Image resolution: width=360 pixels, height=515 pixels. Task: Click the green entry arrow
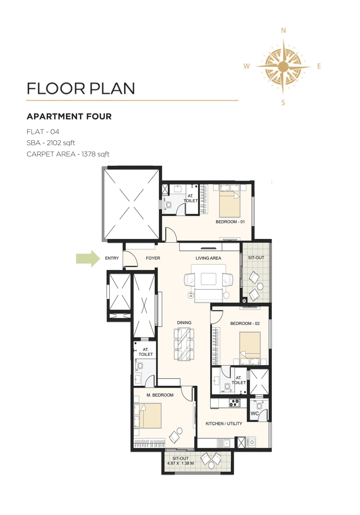(88, 258)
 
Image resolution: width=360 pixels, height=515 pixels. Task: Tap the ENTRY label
(112, 258)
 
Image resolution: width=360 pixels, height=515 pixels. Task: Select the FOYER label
(153, 258)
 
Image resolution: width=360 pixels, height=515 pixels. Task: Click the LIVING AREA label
(208, 258)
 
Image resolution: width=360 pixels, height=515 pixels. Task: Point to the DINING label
(184, 323)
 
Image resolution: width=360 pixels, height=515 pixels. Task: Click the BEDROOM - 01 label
(230, 222)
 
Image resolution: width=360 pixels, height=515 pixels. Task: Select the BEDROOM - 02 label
(245, 323)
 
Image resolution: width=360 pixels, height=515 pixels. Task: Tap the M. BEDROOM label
(160, 395)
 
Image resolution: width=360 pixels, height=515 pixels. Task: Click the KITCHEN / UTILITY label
(224, 423)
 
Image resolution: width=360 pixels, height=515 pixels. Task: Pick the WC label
(254, 413)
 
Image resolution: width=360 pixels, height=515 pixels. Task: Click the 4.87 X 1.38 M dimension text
(181, 463)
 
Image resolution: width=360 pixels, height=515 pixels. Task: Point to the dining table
(184, 344)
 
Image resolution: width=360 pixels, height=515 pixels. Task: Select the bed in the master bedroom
(148, 416)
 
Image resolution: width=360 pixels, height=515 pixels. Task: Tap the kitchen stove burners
(235, 403)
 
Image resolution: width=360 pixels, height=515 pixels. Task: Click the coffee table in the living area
(209, 279)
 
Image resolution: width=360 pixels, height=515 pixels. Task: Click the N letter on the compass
(283, 31)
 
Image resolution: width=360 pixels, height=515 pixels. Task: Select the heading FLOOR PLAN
(81, 89)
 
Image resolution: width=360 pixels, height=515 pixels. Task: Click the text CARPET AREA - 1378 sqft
(68, 154)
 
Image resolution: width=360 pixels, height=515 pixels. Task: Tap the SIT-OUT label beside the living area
(256, 258)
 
